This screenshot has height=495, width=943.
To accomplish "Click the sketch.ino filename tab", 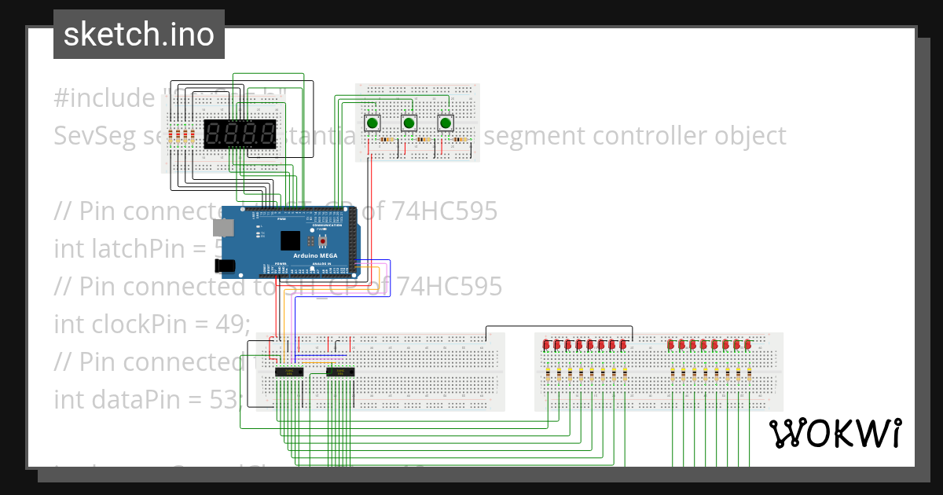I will coord(138,35).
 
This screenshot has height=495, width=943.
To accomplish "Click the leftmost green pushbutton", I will coord(372,123).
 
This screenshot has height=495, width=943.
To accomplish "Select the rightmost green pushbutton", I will coord(446,123).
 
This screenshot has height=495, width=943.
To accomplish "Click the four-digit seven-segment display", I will coord(240,134).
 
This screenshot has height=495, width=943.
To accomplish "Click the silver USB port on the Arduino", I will coord(223,228).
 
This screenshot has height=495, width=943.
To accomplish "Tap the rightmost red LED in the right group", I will coord(748,344).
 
